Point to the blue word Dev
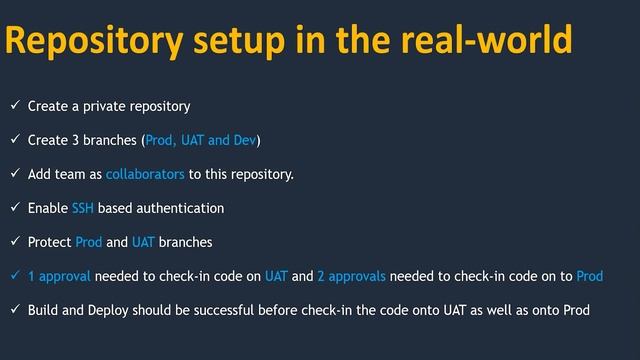click(x=245, y=140)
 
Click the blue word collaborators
click(x=145, y=175)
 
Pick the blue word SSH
click(x=83, y=208)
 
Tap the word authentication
click(x=175, y=208)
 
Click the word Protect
click(x=50, y=242)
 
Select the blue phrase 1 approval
click(x=59, y=276)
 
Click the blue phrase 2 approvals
click(x=351, y=276)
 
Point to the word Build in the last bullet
click(x=44, y=310)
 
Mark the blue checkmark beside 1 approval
click(x=14, y=276)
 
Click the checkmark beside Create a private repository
click(x=14, y=105)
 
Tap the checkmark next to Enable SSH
click(x=14, y=208)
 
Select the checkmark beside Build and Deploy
click(x=14, y=310)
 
